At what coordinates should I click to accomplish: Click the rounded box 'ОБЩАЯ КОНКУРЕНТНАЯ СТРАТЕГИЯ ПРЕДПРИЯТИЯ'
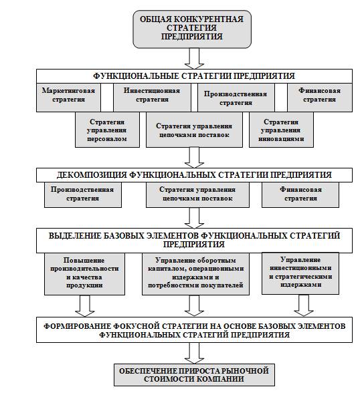(x=192, y=29)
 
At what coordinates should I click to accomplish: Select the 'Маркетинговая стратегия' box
(x=68, y=98)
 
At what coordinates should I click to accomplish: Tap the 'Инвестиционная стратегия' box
(x=152, y=98)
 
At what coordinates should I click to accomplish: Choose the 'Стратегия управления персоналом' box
(x=107, y=130)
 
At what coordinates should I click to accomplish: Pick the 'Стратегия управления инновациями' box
(x=281, y=130)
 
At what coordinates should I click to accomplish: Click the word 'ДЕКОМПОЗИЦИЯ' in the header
(x=92, y=175)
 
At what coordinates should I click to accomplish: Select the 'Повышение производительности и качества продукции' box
(x=85, y=274)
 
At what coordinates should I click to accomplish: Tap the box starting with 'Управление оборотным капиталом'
(x=195, y=274)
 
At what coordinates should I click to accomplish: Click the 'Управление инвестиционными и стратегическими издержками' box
(x=300, y=273)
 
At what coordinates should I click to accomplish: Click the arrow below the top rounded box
(x=194, y=59)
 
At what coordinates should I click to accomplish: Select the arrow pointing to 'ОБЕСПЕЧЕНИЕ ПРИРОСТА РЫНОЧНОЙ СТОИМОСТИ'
(x=194, y=353)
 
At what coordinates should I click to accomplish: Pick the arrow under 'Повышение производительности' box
(x=85, y=306)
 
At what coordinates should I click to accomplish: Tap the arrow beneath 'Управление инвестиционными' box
(x=304, y=305)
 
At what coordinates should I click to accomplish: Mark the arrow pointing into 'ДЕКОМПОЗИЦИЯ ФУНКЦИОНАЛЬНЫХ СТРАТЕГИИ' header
(x=194, y=158)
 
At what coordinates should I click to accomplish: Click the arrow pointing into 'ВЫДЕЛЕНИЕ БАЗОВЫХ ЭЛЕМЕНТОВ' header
(x=194, y=218)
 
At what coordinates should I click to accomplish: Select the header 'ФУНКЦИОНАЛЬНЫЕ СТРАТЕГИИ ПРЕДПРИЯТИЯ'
(x=194, y=76)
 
